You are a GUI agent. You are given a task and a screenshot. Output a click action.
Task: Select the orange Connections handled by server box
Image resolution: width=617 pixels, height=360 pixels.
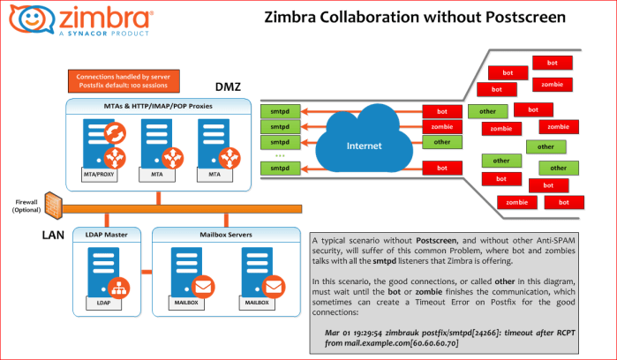click(x=125, y=80)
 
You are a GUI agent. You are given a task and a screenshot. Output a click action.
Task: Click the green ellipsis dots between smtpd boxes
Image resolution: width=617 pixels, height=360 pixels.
click(x=280, y=154)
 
